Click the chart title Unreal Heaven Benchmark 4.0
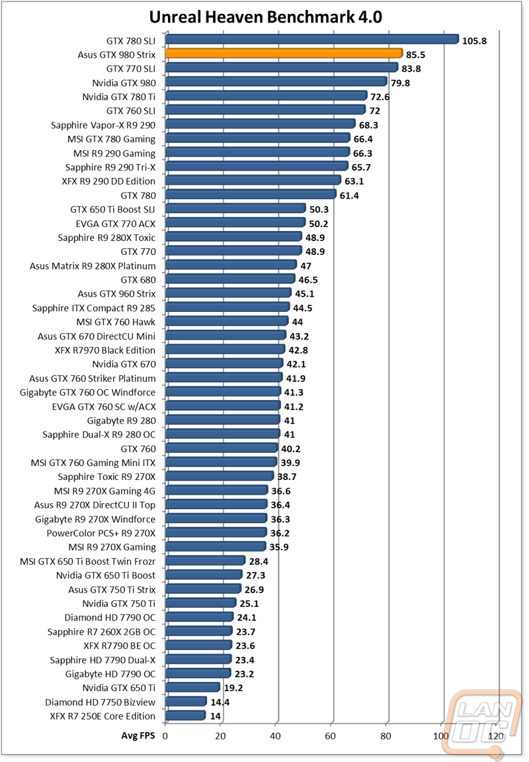click(265, 16)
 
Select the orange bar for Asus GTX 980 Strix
click(284, 54)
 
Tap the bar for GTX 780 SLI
click(311, 40)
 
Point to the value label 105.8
click(474, 40)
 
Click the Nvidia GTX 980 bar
click(276, 82)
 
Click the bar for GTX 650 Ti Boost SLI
click(235, 209)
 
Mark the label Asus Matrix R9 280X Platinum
click(93, 265)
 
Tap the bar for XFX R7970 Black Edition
click(225, 350)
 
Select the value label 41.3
click(295, 393)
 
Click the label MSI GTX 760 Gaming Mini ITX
click(93, 462)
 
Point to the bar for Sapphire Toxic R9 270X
click(219, 476)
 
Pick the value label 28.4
click(259, 561)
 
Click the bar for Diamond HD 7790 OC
click(199, 617)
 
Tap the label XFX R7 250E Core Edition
click(102, 716)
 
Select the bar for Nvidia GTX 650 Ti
click(192, 687)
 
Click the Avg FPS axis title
click(138, 736)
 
